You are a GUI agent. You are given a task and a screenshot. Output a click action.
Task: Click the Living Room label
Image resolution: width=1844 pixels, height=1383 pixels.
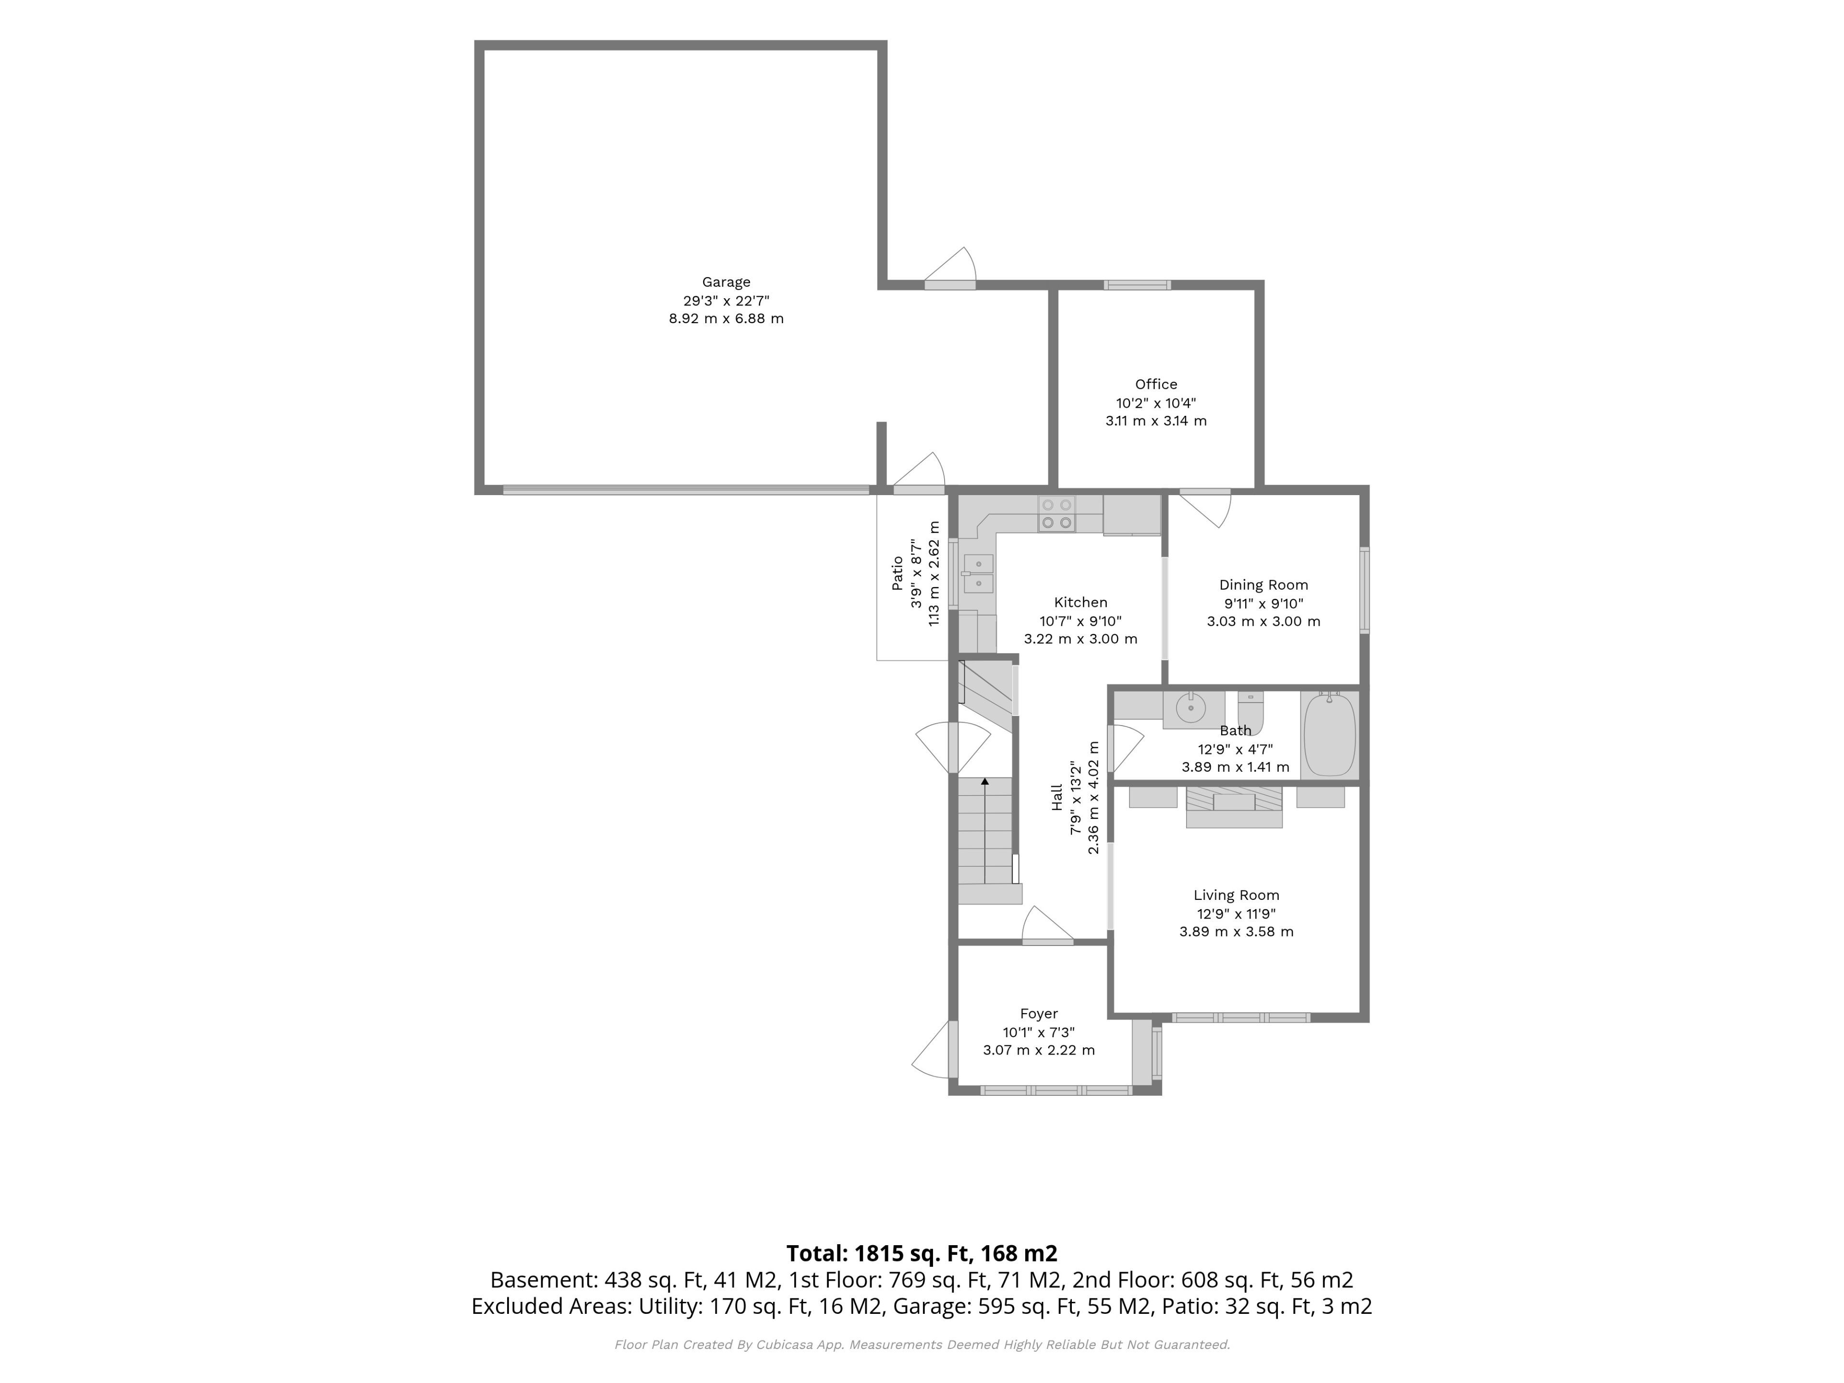click(x=1236, y=895)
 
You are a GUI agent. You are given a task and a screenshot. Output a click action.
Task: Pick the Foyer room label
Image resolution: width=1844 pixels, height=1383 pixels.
click(x=1039, y=1014)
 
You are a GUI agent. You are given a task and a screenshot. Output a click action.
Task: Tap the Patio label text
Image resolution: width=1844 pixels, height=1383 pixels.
click(x=897, y=573)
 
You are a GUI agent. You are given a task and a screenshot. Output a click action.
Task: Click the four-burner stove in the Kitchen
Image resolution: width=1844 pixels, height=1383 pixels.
click(x=1056, y=513)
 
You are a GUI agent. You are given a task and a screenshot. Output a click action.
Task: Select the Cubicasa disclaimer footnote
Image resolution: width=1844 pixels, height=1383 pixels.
click(x=922, y=1345)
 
